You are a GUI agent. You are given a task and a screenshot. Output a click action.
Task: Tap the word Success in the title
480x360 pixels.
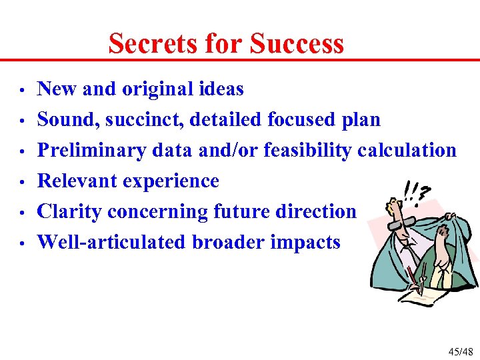297,44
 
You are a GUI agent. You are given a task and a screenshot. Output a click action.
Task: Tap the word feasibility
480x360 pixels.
308,150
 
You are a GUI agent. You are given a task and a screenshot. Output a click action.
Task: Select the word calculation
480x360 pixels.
407,150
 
